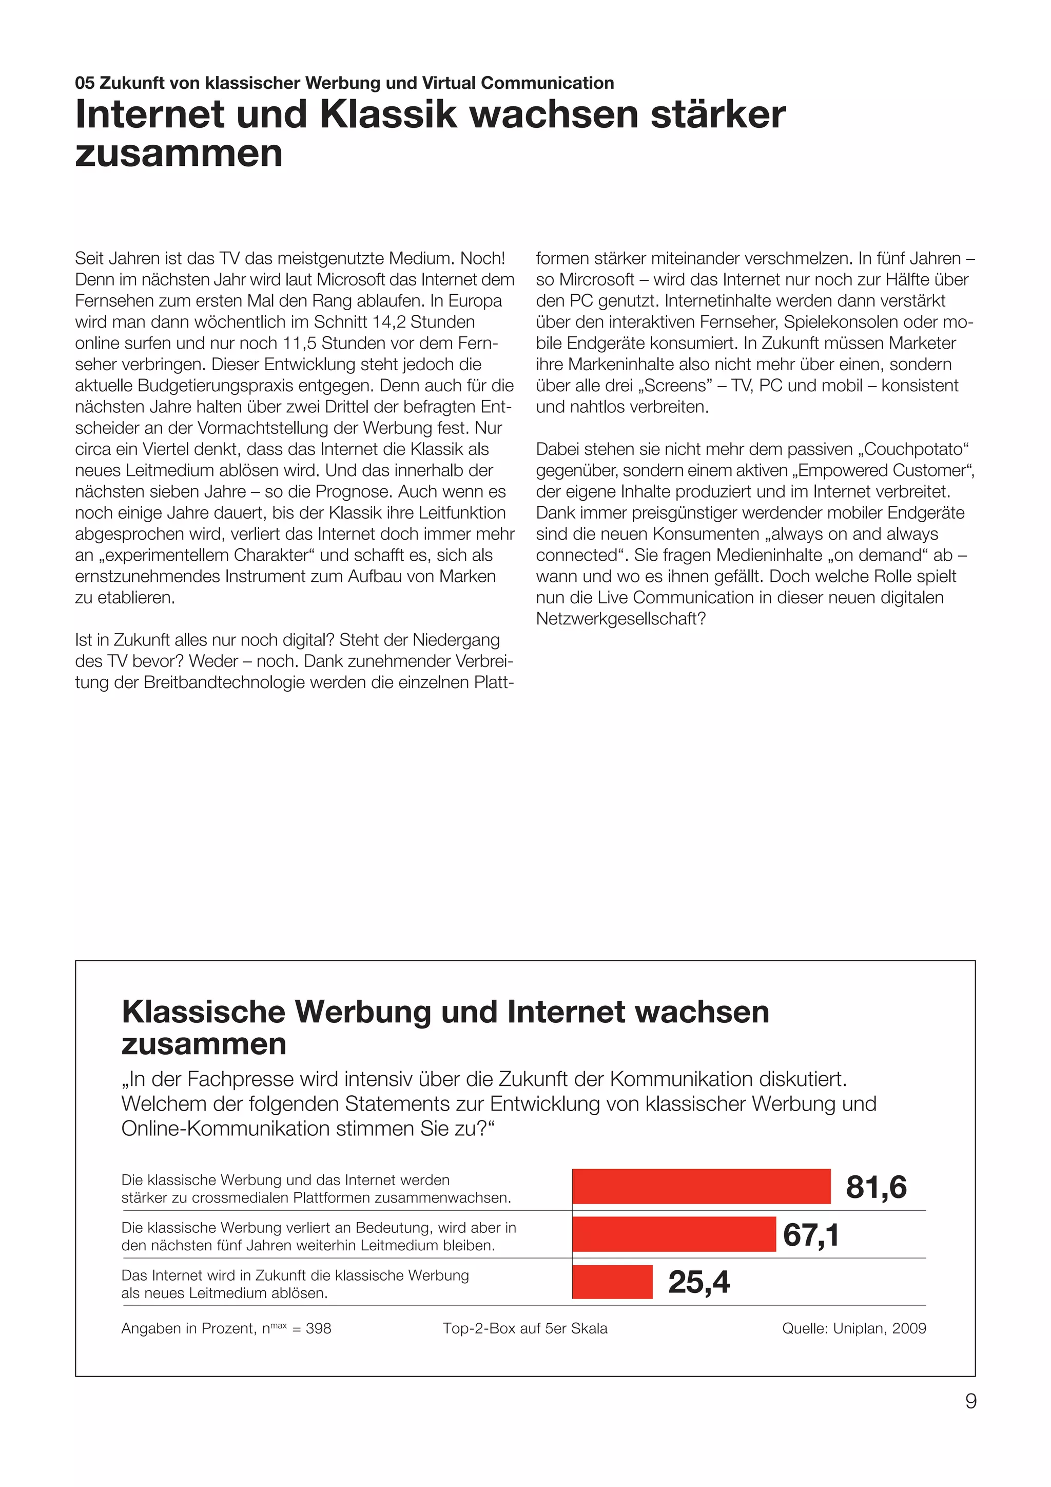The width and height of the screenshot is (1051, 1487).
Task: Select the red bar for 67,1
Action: click(x=674, y=1234)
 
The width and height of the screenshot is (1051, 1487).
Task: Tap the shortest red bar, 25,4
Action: click(x=612, y=1282)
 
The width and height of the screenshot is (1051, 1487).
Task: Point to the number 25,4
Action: click(x=699, y=1282)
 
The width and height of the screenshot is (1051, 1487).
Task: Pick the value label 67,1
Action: click(x=811, y=1234)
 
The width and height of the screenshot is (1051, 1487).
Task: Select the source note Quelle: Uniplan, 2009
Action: click(x=853, y=1328)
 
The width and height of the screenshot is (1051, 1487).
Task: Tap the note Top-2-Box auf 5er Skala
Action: click(x=525, y=1328)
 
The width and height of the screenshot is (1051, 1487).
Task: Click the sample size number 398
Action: click(x=318, y=1328)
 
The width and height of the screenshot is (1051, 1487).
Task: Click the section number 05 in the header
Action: click(x=84, y=83)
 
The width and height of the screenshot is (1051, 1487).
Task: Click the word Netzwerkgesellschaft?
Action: click(x=620, y=619)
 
